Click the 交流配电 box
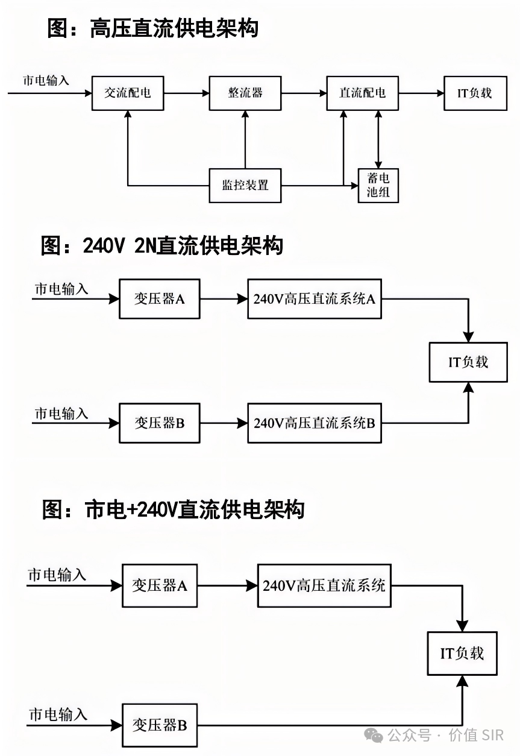[x=128, y=93]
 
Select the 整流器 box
[x=245, y=93]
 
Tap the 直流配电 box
[x=363, y=93]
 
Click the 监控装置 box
[x=245, y=185]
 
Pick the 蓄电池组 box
[x=378, y=185]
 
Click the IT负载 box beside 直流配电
[x=475, y=93]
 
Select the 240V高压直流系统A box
[x=314, y=298]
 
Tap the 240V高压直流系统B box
[x=314, y=423]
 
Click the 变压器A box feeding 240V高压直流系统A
[x=159, y=298]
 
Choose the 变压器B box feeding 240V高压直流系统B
[x=159, y=423]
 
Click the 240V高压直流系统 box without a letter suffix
[x=324, y=585]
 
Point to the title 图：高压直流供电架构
[x=152, y=28]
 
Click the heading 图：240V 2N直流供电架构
[x=161, y=245]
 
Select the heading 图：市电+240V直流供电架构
[x=173, y=510]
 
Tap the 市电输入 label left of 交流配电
[x=46, y=80]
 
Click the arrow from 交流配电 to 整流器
[x=186, y=93]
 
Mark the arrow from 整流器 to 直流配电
[x=304, y=93]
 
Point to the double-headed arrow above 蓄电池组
[x=378, y=139]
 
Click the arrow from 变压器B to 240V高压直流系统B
[x=224, y=423]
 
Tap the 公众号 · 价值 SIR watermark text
[x=445, y=736]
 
